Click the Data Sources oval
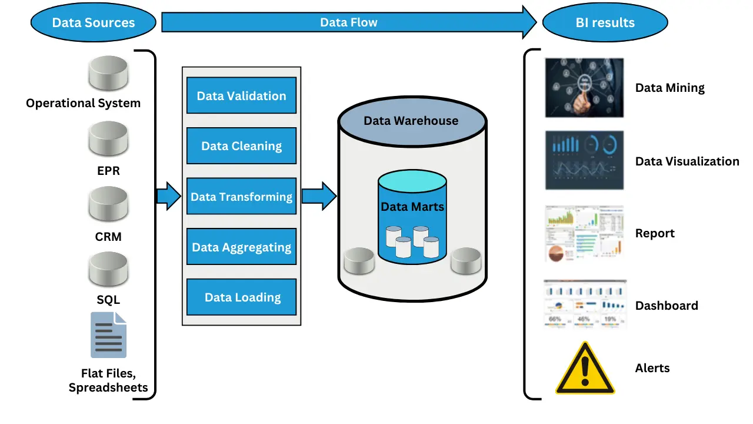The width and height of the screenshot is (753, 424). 93,23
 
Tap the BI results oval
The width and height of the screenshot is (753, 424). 605,23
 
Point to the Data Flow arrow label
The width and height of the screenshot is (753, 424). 348,22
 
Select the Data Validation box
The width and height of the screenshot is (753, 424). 241,95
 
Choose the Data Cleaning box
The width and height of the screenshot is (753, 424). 241,146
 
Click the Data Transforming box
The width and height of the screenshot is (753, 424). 241,197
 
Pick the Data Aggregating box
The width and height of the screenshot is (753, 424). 241,247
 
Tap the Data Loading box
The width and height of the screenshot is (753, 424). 241,297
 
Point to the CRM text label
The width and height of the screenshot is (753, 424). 108,237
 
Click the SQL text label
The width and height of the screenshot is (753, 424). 108,300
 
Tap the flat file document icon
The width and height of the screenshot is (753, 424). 108,335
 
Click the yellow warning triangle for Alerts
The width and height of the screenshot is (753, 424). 585,370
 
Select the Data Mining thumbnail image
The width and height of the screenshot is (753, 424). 584,87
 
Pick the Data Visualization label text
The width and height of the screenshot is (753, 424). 687,161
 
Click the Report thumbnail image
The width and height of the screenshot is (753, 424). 584,233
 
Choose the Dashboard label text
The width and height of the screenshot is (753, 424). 667,306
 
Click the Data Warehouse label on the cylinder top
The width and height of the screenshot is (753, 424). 411,121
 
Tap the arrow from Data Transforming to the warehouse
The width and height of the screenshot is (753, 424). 318,196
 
